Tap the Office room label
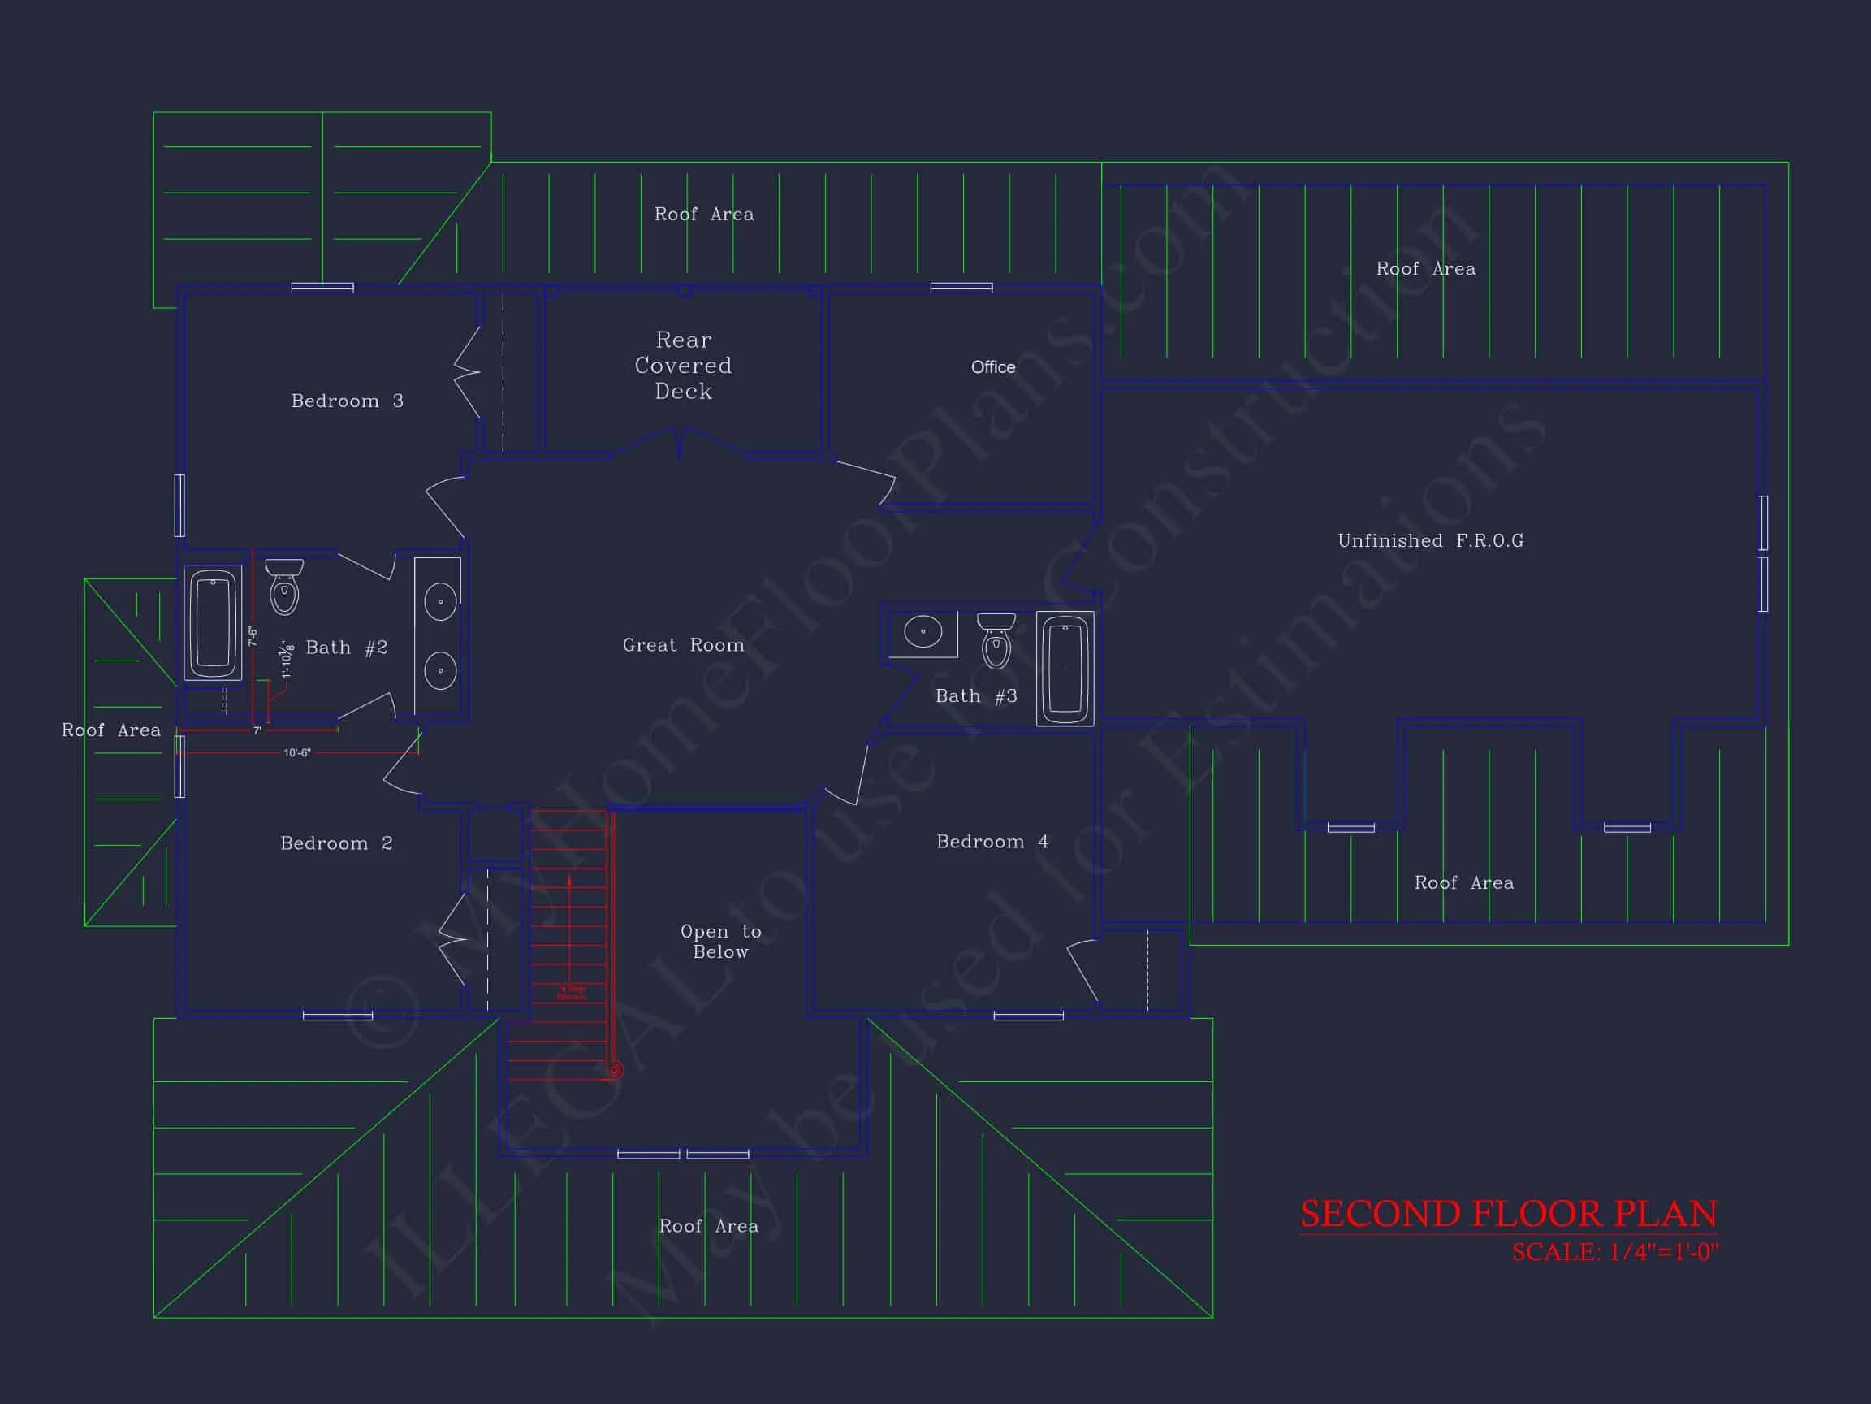[x=993, y=367]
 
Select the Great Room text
[x=684, y=645]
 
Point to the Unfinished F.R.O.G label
[x=1430, y=541]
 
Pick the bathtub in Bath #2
[x=213, y=623]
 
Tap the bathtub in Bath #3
[x=1065, y=669]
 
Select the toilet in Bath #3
[x=996, y=642]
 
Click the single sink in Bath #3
[x=923, y=632]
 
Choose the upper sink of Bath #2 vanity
[x=440, y=602]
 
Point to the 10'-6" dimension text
[x=297, y=752]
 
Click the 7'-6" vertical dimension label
[x=252, y=636]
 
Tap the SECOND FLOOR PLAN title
[x=1508, y=1214]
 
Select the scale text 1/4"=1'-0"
[x=1614, y=1253]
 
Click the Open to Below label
[x=720, y=941]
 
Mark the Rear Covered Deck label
[x=684, y=366]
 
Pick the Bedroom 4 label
[x=992, y=842]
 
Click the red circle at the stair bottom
[x=615, y=1071]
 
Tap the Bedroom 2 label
[x=336, y=843]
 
